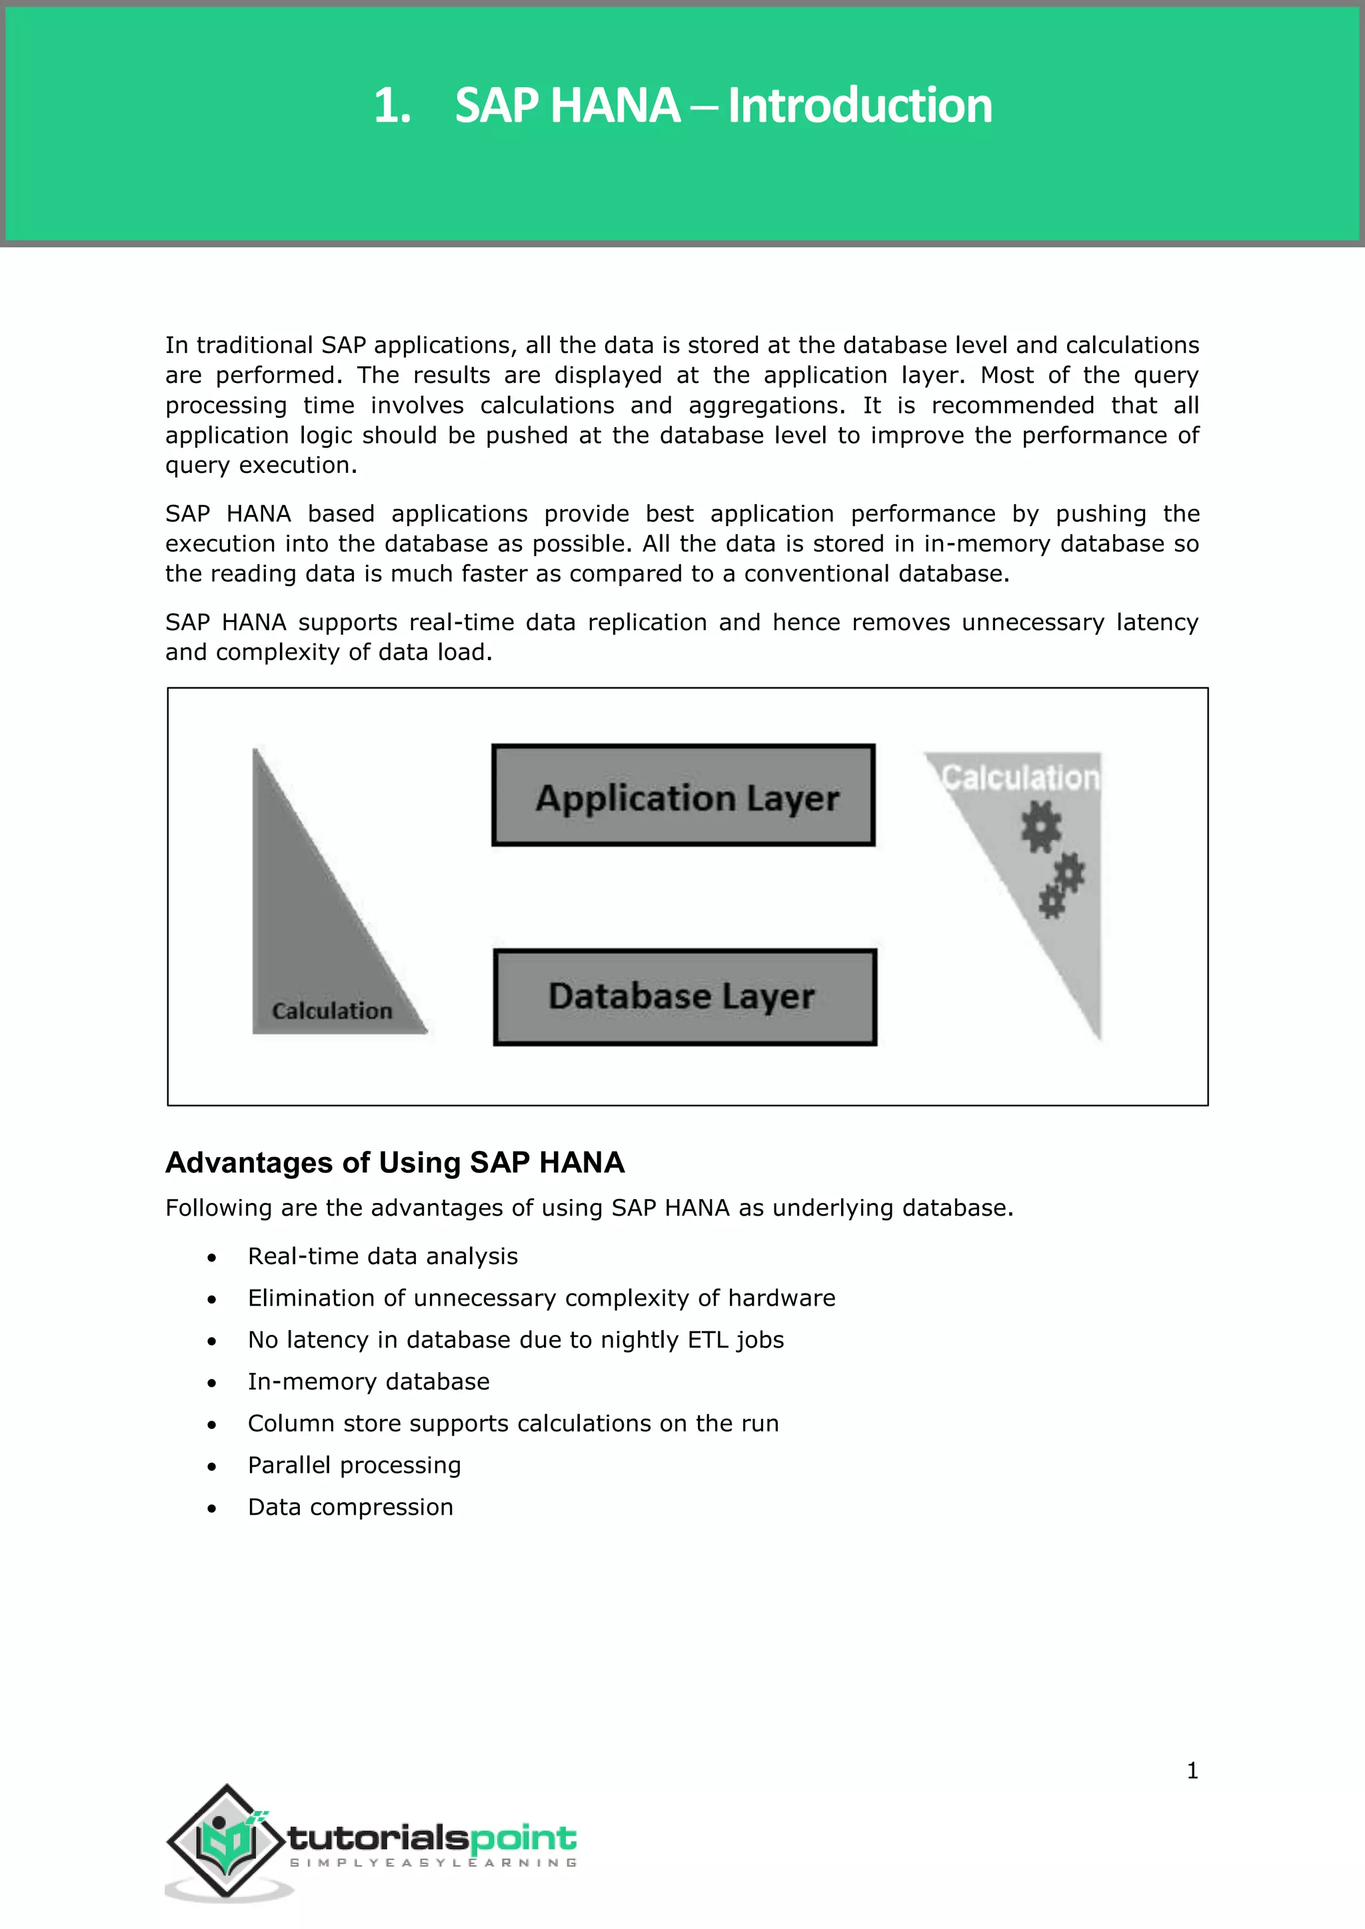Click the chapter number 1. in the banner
tap(392, 106)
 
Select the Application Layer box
tap(683, 795)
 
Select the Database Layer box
tap(684, 997)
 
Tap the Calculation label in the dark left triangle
tap(332, 1010)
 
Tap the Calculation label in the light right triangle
tap(1020, 778)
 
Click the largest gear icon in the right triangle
tap(1040, 827)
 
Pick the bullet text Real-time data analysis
tap(383, 1256)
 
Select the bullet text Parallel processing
tap(354, 1465)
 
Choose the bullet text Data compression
tap(351, 1507)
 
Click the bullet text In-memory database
tap(368, 1382)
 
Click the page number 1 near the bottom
tap(1192, 1771)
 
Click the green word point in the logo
tap(523, 1838)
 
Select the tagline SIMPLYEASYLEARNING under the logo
tap(433, 1862)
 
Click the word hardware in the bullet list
tap(781, 1298)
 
